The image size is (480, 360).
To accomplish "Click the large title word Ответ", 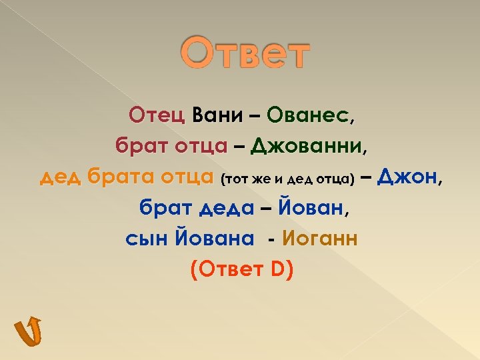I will point(246,55).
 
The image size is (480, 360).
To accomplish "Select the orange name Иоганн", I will point(320,238).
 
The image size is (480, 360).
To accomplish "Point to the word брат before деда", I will point(164,208).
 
